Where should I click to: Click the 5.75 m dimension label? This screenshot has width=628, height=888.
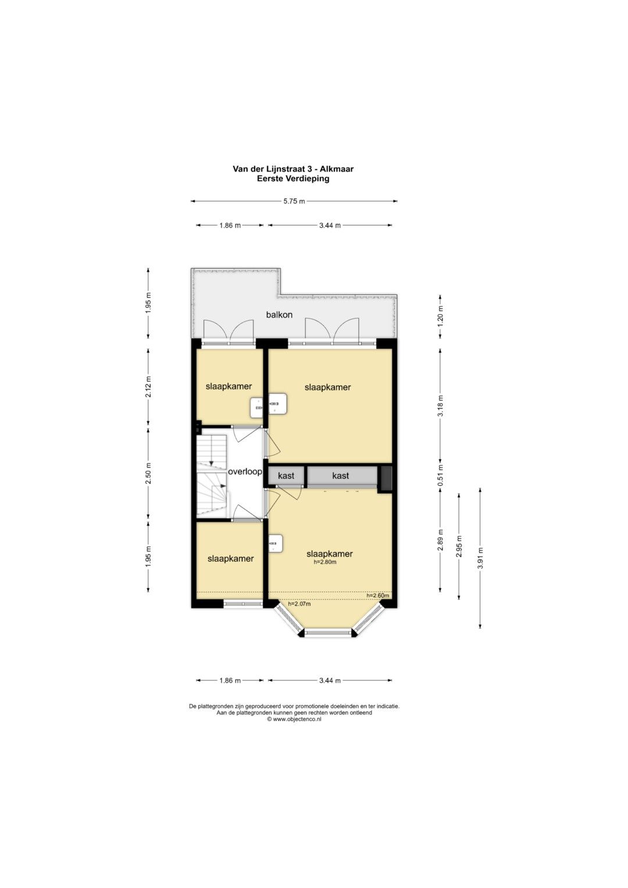tap(294, 201)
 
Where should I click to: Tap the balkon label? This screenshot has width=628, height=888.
tap(279, 315)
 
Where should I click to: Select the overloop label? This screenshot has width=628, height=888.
tap(245, 472)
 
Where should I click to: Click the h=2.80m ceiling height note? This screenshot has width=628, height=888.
tap(324, 562)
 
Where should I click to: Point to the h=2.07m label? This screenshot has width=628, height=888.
tap(299, 604)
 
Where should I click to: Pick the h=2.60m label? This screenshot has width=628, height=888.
tap(377, 595)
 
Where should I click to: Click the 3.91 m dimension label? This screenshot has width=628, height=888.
tap(480, 558)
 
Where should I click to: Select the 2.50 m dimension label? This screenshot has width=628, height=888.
tap(148, 473)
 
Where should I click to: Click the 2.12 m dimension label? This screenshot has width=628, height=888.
tap(148, 386)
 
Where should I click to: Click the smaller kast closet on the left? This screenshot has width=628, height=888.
tap(286, 475)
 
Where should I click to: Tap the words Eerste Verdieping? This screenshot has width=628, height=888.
tap(294, 179)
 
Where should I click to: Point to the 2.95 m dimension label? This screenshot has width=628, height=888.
tap(459, 546)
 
